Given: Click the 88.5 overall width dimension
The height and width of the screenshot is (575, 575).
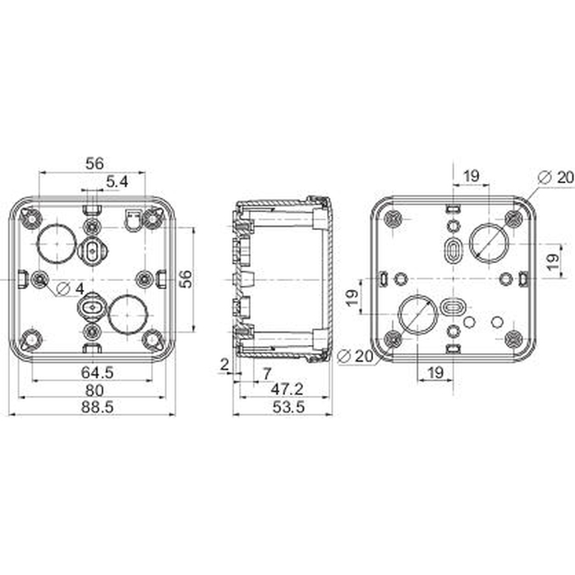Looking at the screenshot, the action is [x=97, y=407].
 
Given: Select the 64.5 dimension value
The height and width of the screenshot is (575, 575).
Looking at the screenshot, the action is [x=97, y=373].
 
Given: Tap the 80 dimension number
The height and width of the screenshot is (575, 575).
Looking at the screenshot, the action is [x=94, y=390].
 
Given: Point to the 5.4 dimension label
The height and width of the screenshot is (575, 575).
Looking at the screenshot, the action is [x=117, y=182].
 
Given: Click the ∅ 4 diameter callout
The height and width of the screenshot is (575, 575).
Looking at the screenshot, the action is [x=71, y=289].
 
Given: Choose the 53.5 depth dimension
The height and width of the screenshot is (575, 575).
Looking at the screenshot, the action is [x=288, y=407].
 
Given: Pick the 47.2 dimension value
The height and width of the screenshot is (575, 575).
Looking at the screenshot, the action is [x=287, y=389].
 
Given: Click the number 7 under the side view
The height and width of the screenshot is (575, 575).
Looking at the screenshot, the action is [x=267, y=374].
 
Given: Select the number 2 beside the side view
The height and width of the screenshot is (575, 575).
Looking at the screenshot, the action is [x=224, y=365].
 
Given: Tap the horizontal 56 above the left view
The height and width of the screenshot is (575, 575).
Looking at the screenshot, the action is [x=94, y=163].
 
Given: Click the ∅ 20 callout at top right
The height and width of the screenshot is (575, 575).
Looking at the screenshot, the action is [x=555, y=177].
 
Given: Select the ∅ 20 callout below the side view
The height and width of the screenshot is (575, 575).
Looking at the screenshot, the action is [x=355, y=356].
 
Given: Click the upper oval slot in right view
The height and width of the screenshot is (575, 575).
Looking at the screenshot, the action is [x=453, y=251].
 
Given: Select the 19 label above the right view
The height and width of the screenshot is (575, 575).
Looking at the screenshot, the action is [x=471, y=176].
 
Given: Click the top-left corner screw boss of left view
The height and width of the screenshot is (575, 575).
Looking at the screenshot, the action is [x=32, y=219].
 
